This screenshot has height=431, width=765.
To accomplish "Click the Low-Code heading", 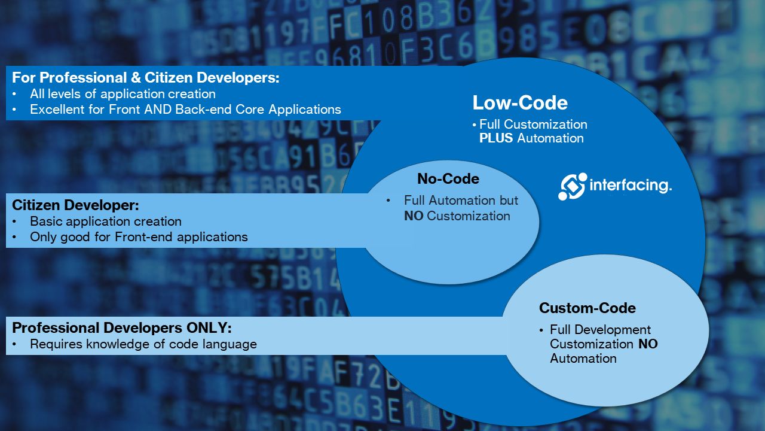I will pos(519,103).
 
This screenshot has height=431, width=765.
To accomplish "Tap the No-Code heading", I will pos(448,179).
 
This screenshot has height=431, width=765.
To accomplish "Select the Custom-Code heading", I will pos(587,308).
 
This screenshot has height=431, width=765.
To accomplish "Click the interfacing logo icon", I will pos(573,186).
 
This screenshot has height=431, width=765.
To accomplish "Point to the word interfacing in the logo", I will pos(630,185).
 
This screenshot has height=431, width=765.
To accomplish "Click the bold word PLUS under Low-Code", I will pos(496,138).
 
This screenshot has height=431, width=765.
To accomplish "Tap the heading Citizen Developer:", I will pos(75,205).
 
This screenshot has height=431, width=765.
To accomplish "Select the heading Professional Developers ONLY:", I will pos(121,328).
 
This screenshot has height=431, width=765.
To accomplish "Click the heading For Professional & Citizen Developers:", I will pos(146,78).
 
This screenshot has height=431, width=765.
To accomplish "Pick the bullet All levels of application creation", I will pos(123,94).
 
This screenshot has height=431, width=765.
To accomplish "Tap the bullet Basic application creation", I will pos(106,221).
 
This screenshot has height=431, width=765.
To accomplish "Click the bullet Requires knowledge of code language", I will pos(143,344).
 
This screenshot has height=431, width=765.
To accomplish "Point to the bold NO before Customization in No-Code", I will pos(413,216).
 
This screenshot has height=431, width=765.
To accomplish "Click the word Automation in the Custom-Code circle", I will pos(583,359).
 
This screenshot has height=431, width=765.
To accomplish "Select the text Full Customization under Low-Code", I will pos(533,125).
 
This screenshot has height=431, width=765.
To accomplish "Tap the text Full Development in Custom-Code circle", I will pos(600,330).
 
